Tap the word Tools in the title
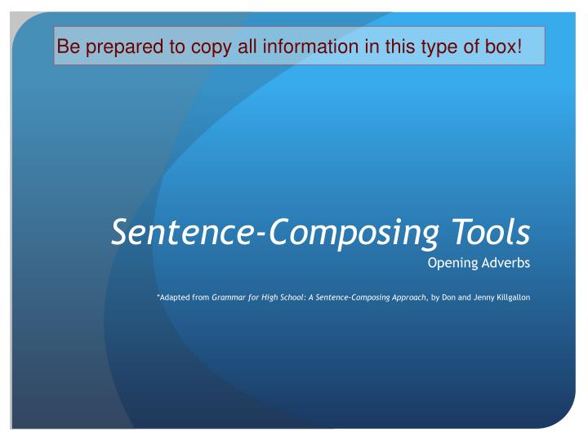pos(489,231)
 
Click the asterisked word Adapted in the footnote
pos(173,298)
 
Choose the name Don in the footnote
pos(445,298)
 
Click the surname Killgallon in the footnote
pos(512,298)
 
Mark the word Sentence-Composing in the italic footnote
pos(346,298)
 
